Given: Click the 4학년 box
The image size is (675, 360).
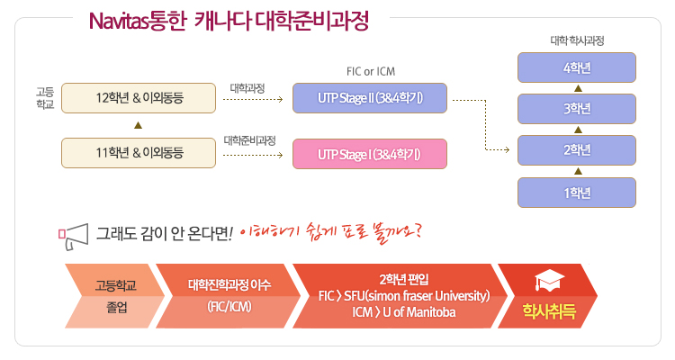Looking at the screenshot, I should click(x=577, y=68).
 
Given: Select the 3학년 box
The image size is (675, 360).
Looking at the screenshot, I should click(x=577, y=109).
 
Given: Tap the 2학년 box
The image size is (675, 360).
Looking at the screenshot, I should click(x=577, y=150).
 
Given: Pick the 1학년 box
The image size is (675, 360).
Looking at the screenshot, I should click(x=577, y=192).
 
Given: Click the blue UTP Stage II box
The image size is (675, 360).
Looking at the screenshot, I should click(x=370, y=97).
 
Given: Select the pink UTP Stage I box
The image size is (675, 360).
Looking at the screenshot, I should click(x=370, y=153).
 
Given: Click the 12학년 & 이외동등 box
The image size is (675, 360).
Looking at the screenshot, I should click(x=139, y=97).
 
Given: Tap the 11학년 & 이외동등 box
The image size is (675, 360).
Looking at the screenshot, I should click(x=139, y=153).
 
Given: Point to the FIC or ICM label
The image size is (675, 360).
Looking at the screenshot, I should click(x=370, y=71).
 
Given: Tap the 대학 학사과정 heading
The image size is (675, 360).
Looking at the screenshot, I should click(x=577, y=41).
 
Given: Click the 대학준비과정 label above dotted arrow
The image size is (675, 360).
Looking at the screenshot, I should click(x=249, y=139).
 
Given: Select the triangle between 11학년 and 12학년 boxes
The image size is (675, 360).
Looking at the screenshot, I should click(x=138, y=125).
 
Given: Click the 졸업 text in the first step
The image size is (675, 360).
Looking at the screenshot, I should click(x=116, y=307).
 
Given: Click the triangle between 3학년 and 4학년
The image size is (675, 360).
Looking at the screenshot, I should click(x=577, y=88).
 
